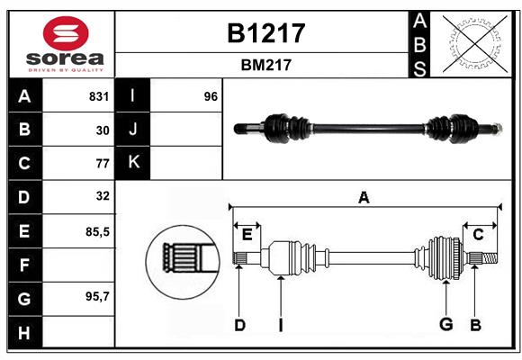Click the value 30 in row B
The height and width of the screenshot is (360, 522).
103,130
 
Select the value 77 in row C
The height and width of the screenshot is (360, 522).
103,164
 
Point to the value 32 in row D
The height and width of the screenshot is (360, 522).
103,196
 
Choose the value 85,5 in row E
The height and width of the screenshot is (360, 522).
97,231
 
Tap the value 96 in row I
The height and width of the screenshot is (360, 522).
211,96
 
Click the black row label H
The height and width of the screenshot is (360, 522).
24,332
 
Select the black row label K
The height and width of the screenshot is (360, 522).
133,163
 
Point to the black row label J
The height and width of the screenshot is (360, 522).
133,130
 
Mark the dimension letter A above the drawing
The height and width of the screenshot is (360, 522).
364,198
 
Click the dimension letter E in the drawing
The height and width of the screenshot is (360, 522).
247,235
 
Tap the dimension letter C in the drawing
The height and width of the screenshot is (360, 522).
478,235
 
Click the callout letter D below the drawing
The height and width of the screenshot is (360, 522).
239,325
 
